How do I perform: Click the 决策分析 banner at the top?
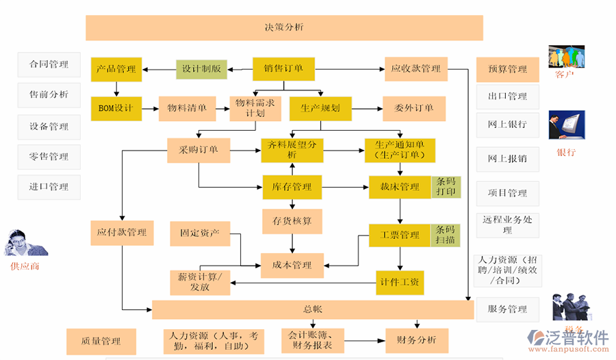pyautogui.click(x=284, y=27)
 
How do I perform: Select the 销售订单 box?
pyautogui.click(x=283, y=68)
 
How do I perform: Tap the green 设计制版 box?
pyautogui.click(x=201, y=69)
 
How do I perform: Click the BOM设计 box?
pyautogui.click(x=116, y=108)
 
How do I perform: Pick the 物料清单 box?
pyautogui.click(x=183, y=108)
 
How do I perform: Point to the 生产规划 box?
pyautogui.click(x=320, y=108)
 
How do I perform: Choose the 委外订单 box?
pyautogui.click(x=413, y=108)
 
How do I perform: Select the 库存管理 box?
pyautogui.click(x=292, y=187)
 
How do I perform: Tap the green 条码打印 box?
pyautogui.click(x=446, y=187)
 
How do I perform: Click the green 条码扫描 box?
pyautogui.click(x=446, y=235)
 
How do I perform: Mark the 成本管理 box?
pyautogui.click(x=292, y=265)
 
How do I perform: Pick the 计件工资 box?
pyautogui.click(x=400, y=282)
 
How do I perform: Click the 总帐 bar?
pyautogui.click(x=312, y=309)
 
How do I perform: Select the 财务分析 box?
pyautogui.click(x=417, y=339)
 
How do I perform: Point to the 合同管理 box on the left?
pyautogui.click(x=49, y=64)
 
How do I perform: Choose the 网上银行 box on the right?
pyautogui.click(x=507, y=125)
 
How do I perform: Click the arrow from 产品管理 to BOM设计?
pyautogui.click(x=116, y=88)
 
